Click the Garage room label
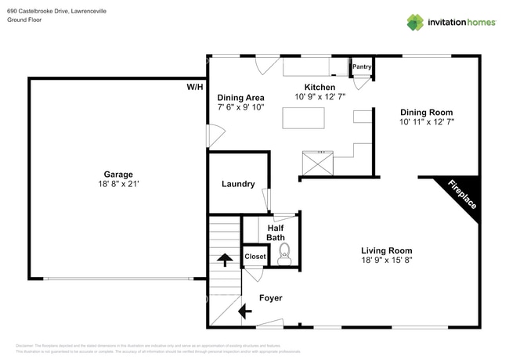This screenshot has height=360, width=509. tap(118, 175)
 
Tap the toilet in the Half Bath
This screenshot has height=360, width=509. tap(284, 251)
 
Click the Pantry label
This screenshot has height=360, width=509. tap(361, 67)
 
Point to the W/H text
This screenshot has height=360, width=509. tap(194, 87)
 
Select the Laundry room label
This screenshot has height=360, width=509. tap(238, 184)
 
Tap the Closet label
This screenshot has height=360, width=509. tap(255, 257)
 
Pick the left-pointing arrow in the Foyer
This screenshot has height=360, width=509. tap(244, 311)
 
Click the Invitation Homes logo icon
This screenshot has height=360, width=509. tap(415, 23)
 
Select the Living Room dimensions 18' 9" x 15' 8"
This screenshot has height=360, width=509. tap(386, 260)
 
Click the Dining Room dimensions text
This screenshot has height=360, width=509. tap(427, 122)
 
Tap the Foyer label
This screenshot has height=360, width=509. tap(270, 298)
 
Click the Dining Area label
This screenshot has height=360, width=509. tap(240, 97)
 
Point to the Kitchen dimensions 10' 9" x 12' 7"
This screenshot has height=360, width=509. tap(319, 96)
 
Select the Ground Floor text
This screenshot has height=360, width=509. tap(24, 20)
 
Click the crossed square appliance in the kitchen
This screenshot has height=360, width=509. tap(316, 164)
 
